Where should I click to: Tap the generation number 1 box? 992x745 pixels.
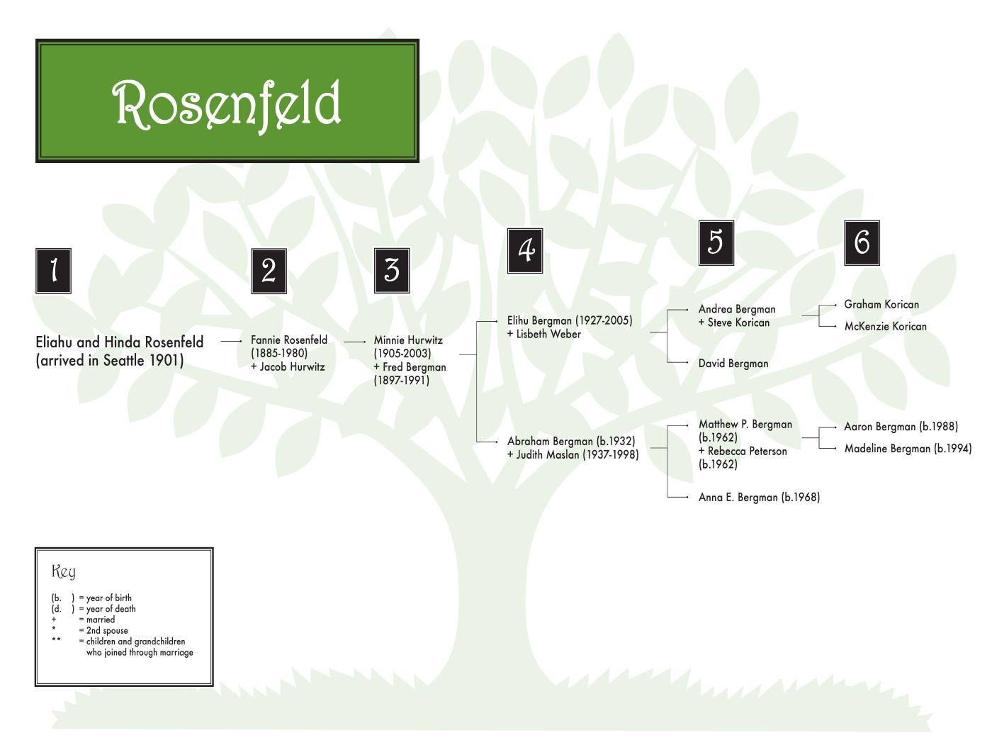coord(53,270)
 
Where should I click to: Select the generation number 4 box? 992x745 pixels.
coord(525,250)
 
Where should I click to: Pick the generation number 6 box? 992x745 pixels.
coord(862,242)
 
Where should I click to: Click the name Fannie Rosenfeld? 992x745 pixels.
coord(289,340)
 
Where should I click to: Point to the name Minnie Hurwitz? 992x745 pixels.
coord(408,340)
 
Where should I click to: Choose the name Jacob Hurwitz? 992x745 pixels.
coord(292,367)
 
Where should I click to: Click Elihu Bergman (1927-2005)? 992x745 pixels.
coord(570,321)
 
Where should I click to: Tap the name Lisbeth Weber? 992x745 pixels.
coord(548,335)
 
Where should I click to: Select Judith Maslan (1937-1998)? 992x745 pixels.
coord(577,455)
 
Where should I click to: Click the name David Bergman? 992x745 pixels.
coord(733,364)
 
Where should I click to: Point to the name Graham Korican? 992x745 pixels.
coord(881,305)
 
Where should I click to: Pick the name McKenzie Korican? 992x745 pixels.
coord(885,327)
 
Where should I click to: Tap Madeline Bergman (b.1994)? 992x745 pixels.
coord(908,449)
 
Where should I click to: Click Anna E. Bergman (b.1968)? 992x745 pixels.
coord(759,498)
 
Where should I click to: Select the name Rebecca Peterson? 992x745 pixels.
coord(747,452)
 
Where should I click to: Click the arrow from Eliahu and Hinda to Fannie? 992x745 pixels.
coord(231,341)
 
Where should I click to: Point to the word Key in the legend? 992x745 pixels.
coord(64,571)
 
